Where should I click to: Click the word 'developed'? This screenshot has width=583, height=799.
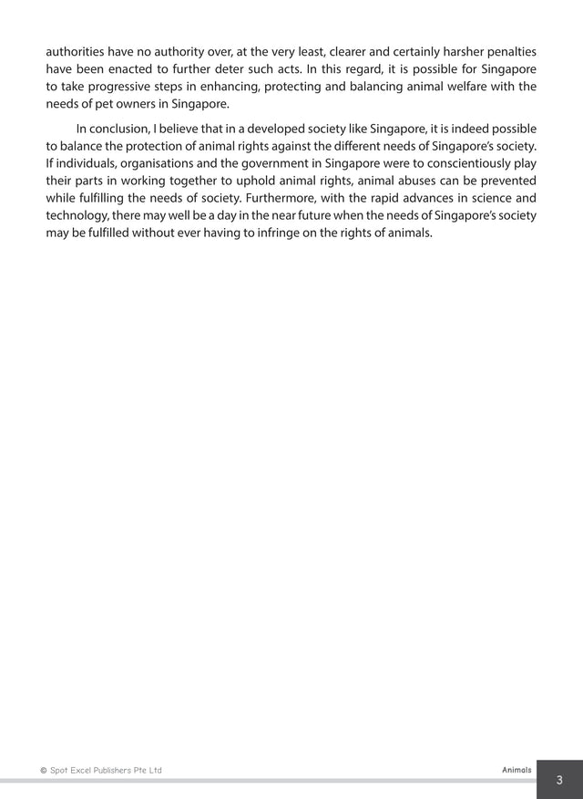click(283, 129)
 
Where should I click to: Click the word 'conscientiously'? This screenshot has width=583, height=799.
click(462, 163)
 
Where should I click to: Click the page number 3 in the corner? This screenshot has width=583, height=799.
click(559, 780)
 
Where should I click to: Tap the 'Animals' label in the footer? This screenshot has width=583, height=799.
click(517, 770)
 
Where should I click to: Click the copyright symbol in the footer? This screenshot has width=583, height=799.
click(44, 771)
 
